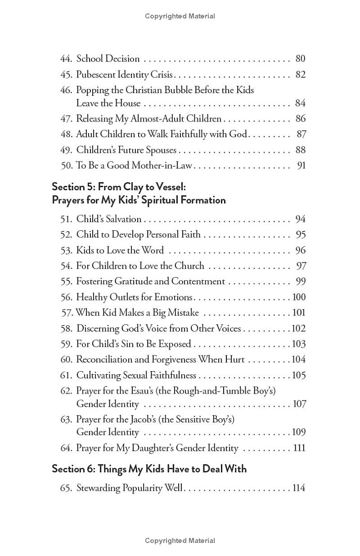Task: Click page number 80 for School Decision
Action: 300,58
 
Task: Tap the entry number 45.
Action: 66,74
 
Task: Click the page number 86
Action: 300,119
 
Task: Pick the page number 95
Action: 300,235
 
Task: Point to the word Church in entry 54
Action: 187,266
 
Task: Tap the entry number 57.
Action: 67,313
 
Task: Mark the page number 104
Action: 298,359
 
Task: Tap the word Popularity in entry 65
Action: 139,488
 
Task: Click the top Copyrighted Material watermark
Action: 180,16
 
